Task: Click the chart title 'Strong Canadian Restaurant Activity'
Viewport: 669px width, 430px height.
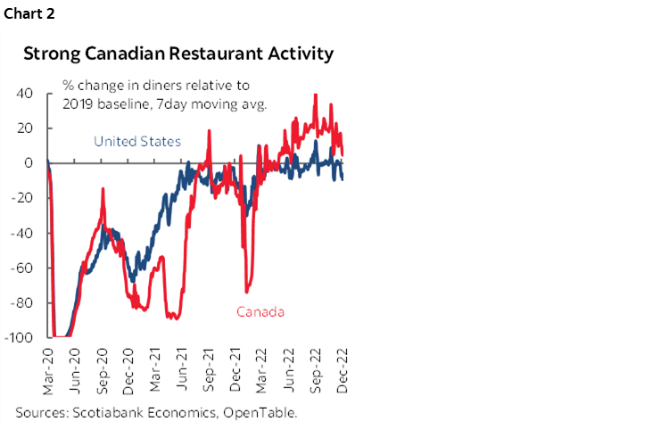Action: coord(178,54)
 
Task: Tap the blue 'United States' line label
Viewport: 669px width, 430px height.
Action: coord(137,141)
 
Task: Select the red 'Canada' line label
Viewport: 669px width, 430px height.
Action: coord(260,311)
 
